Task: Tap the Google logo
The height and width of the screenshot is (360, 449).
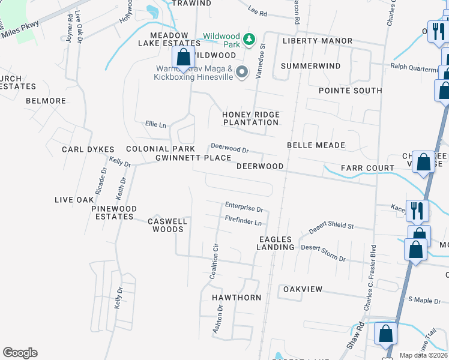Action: (20, 353)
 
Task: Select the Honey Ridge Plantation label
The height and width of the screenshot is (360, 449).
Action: (251, 118)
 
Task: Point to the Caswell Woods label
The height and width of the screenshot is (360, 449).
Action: (167, 225)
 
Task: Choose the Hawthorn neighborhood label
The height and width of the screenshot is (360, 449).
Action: (236, 298)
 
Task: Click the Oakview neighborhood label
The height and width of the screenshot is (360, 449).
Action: (303, 289)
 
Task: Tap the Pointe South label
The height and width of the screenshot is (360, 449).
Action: (350, 91)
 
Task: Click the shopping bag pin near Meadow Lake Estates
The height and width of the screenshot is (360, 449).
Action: (183, 58)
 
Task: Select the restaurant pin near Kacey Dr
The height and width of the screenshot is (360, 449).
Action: (417, 211)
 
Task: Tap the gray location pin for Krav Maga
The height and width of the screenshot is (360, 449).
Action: (242, 72)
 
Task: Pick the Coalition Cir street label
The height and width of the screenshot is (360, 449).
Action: (214, 261)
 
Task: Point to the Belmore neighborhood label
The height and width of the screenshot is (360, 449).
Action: (46, 101)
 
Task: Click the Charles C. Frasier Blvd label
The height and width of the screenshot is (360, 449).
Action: (370, 277)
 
